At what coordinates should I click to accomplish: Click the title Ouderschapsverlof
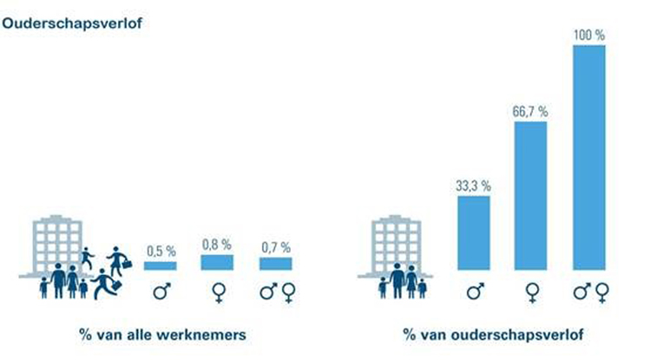pos(72,23)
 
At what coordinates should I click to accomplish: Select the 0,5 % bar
pos(160,265)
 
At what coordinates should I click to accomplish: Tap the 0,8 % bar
pos(217,262)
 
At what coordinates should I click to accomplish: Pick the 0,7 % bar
pos(275,264)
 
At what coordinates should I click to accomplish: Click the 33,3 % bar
pos(474,232)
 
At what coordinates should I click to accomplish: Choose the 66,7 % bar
pos(532,195)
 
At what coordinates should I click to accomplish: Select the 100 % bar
pos(589,157)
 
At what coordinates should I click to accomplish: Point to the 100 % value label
pos(589,36)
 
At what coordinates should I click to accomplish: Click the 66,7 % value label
pos(532,111)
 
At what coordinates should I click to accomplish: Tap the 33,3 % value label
pos(474,186)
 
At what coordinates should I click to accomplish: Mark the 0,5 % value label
pos(160,251)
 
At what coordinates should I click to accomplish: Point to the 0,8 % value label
pos(217,245)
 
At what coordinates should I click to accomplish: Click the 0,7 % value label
pos(275,248)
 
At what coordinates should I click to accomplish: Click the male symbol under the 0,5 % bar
pos(160,291)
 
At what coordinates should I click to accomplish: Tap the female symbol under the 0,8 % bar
pos(217,292)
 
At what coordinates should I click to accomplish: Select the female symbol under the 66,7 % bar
pos(532,292)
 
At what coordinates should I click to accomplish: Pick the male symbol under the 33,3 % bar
pos(474,291)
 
